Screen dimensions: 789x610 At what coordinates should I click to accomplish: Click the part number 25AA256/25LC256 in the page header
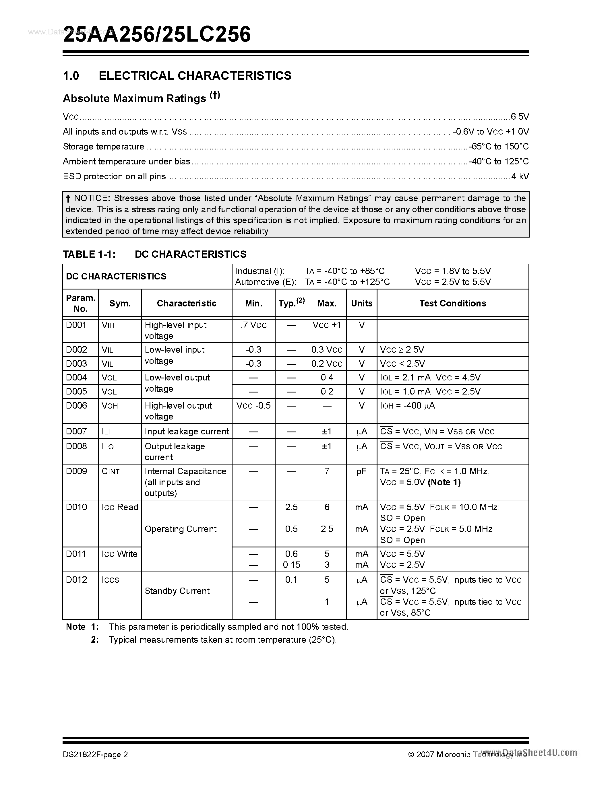[157, 35]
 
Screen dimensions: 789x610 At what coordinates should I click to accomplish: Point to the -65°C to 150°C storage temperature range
[499, 146]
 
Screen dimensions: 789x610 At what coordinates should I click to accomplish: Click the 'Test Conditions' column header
[452, 304]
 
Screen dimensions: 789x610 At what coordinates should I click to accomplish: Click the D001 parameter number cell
[76, 325]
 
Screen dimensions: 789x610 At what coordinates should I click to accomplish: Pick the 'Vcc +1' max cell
[327, 325]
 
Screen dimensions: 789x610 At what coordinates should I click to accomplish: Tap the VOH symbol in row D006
[110, 406]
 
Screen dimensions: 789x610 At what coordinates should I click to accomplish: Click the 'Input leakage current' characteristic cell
[187, 431]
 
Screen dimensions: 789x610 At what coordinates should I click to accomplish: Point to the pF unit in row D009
[361, 471]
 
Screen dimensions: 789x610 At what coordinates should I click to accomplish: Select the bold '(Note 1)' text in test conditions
[444, 482]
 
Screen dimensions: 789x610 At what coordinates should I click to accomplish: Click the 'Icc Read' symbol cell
[120, 507]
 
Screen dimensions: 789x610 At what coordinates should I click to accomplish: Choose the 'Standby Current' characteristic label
[177, 591]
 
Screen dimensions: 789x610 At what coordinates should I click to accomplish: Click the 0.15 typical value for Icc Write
[291, 565]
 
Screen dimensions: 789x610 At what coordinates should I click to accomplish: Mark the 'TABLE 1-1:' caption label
[89, 254]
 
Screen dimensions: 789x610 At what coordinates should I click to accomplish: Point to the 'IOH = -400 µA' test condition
[407, 406]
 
